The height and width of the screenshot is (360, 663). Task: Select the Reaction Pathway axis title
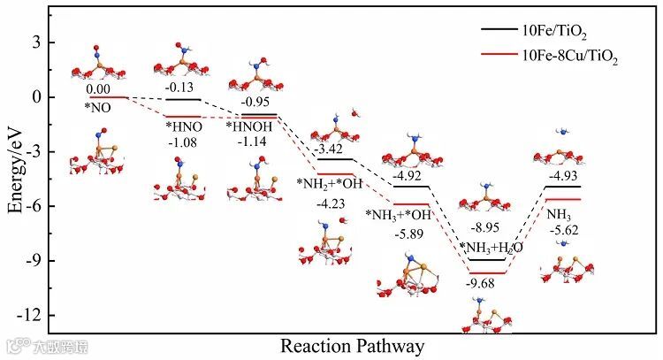[352, 344]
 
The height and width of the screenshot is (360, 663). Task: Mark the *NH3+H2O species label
[492, 247]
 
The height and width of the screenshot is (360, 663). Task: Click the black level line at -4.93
[562, 186]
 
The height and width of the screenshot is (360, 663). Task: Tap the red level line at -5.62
[562, 198]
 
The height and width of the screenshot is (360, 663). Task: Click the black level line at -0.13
[184, 99]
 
